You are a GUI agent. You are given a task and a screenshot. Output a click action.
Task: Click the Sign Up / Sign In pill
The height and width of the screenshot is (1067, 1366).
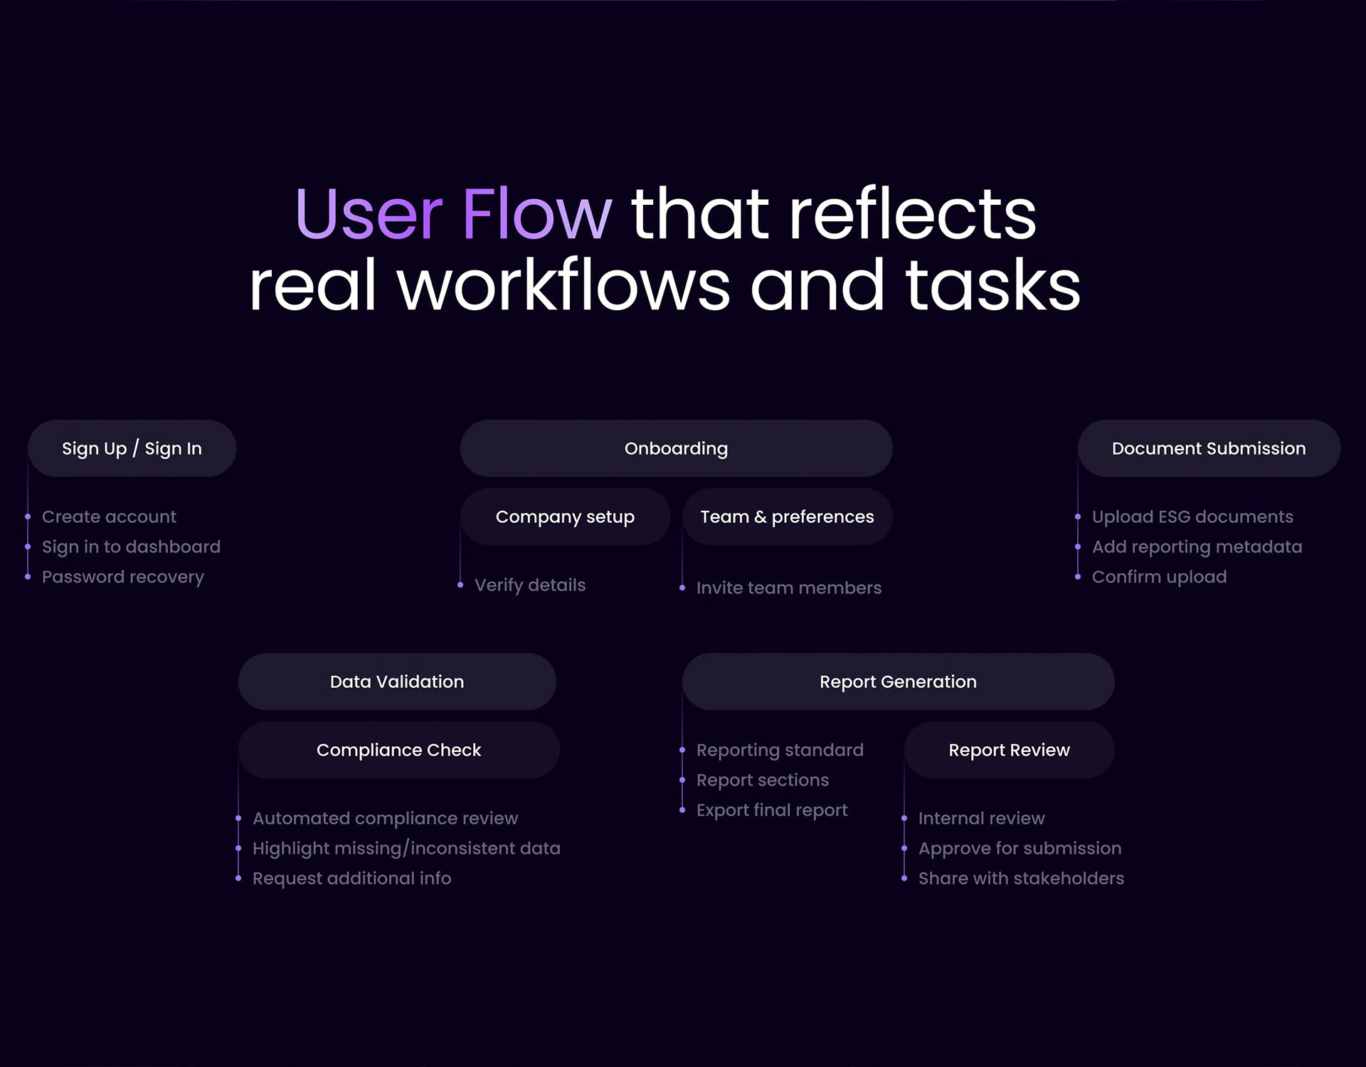(x=132, y=448)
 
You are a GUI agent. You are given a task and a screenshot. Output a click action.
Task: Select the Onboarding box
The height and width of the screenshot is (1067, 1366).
(x=676, y=448)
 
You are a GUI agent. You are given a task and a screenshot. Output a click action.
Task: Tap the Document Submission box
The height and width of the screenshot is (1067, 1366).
(x=1209, y=448)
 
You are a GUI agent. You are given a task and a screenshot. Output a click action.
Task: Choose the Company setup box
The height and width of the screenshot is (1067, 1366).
(x=565, y=516)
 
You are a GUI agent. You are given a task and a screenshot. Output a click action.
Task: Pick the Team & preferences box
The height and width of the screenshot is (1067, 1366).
(x=787, y=516)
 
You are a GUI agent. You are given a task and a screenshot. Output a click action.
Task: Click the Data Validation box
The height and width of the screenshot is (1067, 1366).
(x=397, y=681)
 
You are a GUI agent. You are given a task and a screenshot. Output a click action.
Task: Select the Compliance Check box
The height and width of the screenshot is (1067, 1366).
(x=398, y=750)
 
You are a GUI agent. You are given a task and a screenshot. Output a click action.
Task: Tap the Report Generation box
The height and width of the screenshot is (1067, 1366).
(x=898, y=681)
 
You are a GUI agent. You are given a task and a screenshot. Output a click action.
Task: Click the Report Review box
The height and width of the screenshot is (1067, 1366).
(x=1009, y=750)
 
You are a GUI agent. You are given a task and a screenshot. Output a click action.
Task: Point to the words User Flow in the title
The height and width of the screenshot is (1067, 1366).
(x=453, y=213)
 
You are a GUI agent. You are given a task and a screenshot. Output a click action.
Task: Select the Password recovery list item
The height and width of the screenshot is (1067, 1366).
(x=123, y=577)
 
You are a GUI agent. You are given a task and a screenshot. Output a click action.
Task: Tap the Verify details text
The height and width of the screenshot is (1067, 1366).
(x=530, y=585)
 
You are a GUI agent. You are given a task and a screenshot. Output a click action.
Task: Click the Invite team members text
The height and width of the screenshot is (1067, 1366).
(x=789, y=588)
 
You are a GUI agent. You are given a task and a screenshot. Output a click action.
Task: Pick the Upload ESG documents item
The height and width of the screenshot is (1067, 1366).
(x=1192, y=516)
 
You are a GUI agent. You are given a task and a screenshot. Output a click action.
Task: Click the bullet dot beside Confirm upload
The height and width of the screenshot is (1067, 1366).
(x=1078, y=577)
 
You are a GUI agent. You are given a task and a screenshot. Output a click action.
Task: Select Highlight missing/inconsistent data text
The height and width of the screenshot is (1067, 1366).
(x=406, y=848)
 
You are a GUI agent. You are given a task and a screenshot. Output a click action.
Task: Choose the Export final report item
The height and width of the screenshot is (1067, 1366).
(x=772, y=810)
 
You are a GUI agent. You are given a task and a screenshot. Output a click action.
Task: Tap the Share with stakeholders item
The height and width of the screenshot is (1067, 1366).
(x=1021, y=878)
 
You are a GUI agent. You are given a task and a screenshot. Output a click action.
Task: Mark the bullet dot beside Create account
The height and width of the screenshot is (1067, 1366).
(x=28, y=517)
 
